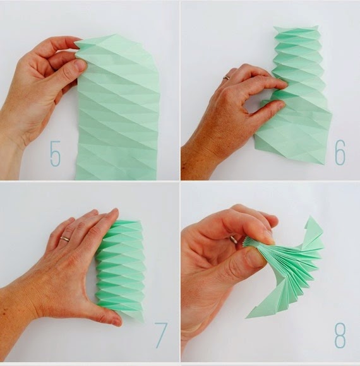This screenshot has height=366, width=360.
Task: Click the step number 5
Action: coord(56,153)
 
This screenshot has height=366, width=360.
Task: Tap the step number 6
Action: coord(340,153)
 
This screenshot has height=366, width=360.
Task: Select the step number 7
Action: coord(161,335)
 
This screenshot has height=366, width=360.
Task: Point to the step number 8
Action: coord(340,336)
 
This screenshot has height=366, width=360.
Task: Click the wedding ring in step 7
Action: coord(64,239)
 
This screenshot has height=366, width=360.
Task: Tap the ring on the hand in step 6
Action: coord(226,77)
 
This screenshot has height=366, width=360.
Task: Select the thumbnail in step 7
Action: coord(116,322)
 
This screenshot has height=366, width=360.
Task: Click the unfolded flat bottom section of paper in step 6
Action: coord(293,136)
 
